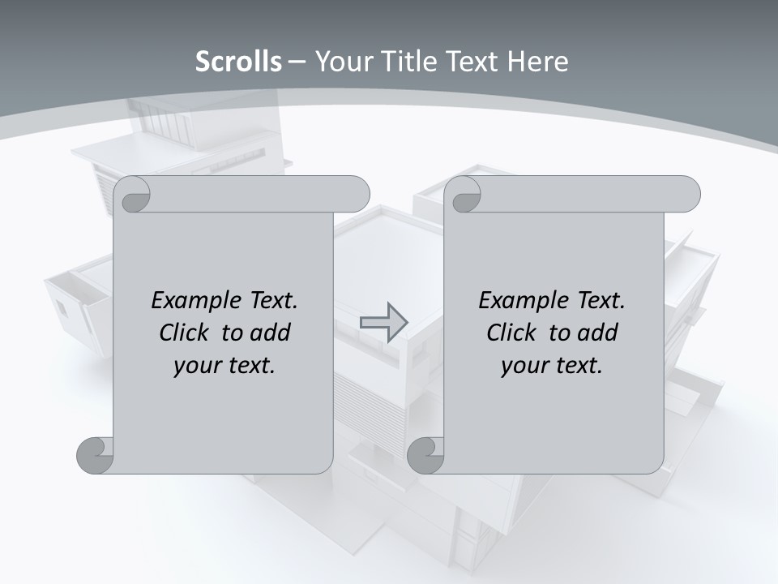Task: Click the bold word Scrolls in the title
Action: coord(238,61)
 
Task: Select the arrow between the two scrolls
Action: coord(383,322)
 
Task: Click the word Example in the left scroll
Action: coord(188,301)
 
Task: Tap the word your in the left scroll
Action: coord(196,366)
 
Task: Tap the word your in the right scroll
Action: coord(524,366)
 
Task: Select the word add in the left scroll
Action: coord(270,333)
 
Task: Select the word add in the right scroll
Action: coord(597,333)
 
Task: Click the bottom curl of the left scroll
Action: coord(95,455)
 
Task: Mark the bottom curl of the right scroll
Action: coord(425,455)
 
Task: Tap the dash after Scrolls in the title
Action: coord(297,61)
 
